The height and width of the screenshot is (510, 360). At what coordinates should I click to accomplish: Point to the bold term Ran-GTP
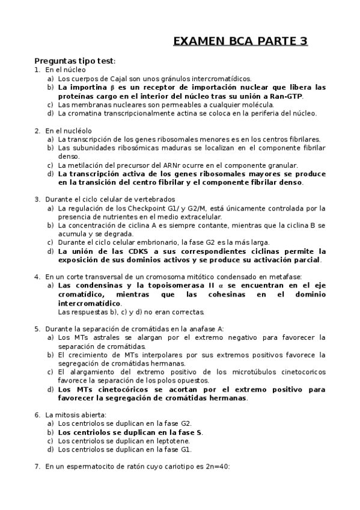click(287, 96)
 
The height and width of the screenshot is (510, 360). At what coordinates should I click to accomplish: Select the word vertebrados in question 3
click(154, 199)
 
